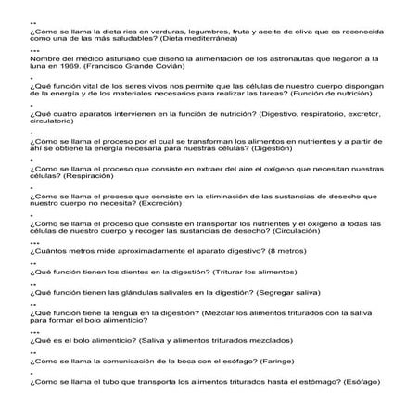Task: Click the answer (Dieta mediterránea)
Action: (197, 41)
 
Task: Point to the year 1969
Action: (67, 69)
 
